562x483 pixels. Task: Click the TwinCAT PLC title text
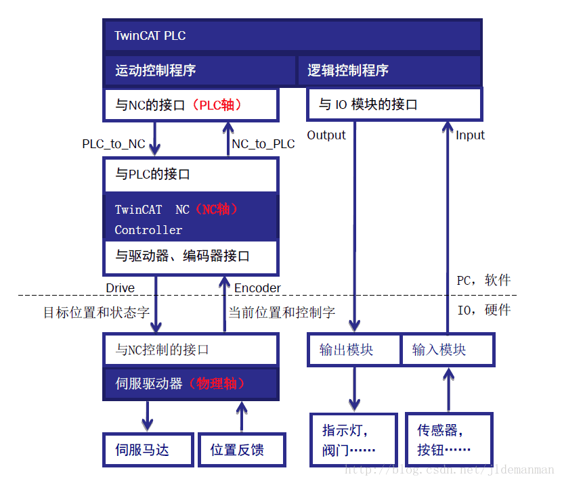click(150, 36)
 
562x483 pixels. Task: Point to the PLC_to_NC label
click(114, 143)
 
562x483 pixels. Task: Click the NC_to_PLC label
click(263, 143)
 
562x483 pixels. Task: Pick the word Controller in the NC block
click(148, 230)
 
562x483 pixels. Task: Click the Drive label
click(120, 288)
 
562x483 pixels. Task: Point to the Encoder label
click(257, 288)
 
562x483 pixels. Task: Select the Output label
click(326, 135)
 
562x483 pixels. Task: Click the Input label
click(470, 135)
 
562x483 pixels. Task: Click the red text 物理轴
click(217, 384)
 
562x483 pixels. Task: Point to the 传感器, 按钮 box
click(449, 440)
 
